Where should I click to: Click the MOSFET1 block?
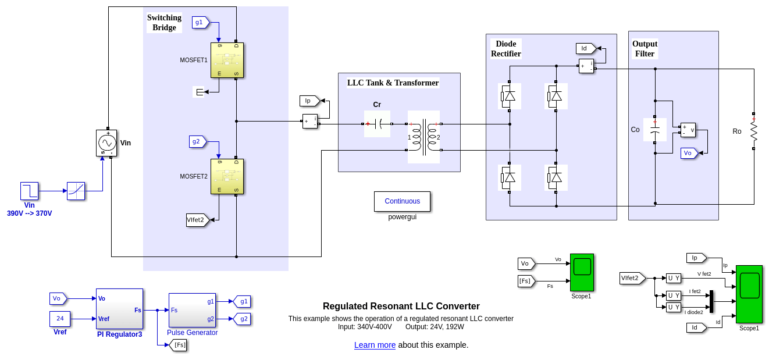[x=227, y=60]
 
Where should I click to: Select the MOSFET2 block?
[x=227, y=176]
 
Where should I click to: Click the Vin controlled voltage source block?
[x=106, y=143]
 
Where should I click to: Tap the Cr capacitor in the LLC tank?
[x=377, y=124]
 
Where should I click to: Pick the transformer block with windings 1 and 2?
[x=423, y=137]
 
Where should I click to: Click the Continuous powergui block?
[x=402, y=201]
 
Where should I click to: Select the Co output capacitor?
[x=655, y=130]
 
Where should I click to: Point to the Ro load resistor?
[x=753, y=131]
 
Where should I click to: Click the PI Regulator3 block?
[x=119, y=309]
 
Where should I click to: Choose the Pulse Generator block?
[x=192, y=310]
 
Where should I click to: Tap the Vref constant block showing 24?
[x=60, y=319]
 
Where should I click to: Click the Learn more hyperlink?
[x=375, y=345]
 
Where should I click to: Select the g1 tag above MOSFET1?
[x=200, y=22]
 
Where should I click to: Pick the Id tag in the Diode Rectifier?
[x=585, y=48]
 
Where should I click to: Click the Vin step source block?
[x=29, y=191]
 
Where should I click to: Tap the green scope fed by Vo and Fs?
[x=582, y=272]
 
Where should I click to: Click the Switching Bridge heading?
[x=164, y=23]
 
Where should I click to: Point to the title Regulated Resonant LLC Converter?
[x=401, y=306]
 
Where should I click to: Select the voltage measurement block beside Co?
[x=688, y=130]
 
